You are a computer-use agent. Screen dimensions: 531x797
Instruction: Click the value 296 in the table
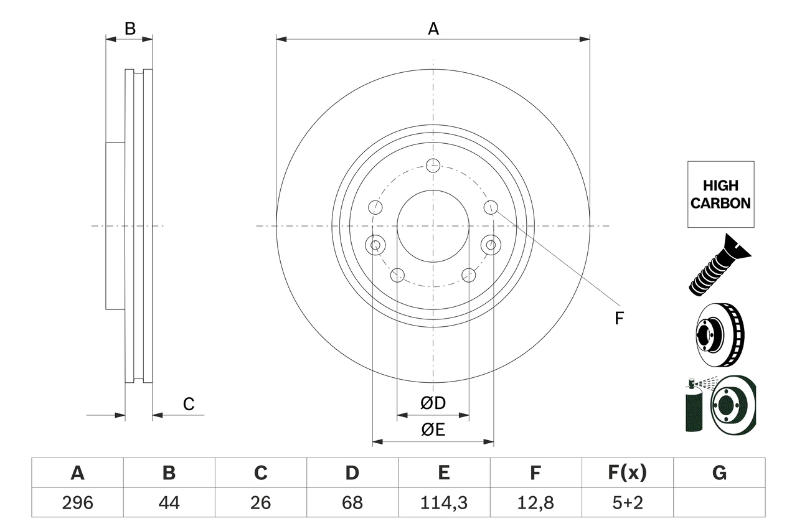coord(77,502)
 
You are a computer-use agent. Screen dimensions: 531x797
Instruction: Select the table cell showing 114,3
coord(443,502)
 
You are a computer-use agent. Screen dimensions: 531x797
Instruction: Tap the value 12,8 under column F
coord(535,502)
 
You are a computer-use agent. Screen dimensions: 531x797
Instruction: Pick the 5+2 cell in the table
coord(627,502)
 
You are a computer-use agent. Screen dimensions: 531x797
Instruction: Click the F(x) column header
coord(627,473)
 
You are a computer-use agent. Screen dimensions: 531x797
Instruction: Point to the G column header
coord(719,473)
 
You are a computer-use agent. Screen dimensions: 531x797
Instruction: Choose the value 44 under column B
coord(169,502)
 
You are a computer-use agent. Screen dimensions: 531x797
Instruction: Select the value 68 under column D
coord(352,502)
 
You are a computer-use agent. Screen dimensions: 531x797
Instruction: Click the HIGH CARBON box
coord(720,194)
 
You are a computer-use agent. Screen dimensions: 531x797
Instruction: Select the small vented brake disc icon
coord(718,336)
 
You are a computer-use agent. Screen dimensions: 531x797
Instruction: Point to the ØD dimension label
coord(433,403)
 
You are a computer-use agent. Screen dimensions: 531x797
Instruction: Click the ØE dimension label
coord(433,430)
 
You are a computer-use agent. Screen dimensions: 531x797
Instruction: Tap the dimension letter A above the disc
coord(433,29)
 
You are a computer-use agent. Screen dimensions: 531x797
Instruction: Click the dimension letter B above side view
coord(130,29)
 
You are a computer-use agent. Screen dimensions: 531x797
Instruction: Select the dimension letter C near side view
coord(189,404)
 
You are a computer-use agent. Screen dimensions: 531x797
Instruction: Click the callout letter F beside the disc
coord(618,319)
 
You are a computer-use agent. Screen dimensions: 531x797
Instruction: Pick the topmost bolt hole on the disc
coord(433,165)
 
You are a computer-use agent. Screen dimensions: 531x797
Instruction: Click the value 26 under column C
coord(260,502)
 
